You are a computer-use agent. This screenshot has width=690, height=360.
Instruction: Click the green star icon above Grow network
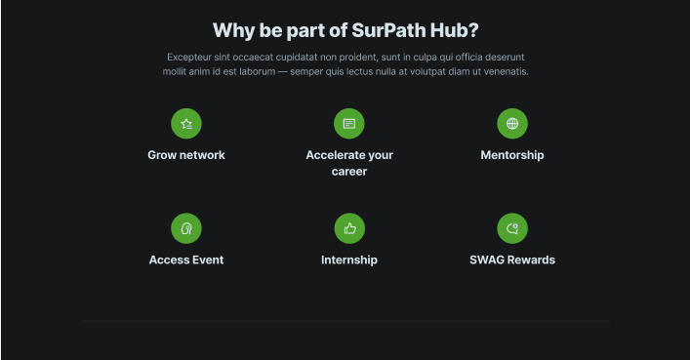point(186,124)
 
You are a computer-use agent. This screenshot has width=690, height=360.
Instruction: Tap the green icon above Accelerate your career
point(349,124)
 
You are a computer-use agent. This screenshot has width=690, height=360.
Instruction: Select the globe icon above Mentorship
point(512,124)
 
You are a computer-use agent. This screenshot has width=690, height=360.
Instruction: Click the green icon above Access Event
point(186,228)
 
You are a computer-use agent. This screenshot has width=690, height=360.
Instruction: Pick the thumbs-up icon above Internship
point(349,228)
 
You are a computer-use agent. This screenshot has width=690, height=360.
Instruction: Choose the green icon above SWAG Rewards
point(512,228)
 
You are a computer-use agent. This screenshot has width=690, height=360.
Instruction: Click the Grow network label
point(186,155)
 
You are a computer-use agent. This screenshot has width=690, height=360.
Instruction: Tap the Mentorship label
point(512,155)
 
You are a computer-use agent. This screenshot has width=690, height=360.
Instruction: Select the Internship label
point(349,260)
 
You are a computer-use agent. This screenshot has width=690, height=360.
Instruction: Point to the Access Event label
point(186,260)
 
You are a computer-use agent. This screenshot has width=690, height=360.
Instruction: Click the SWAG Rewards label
point(512,260)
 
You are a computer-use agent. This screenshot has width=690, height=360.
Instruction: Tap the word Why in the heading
point(233,29)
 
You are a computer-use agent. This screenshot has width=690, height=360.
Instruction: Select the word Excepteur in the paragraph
point(189,58)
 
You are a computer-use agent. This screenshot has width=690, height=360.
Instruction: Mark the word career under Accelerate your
point(349,172)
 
